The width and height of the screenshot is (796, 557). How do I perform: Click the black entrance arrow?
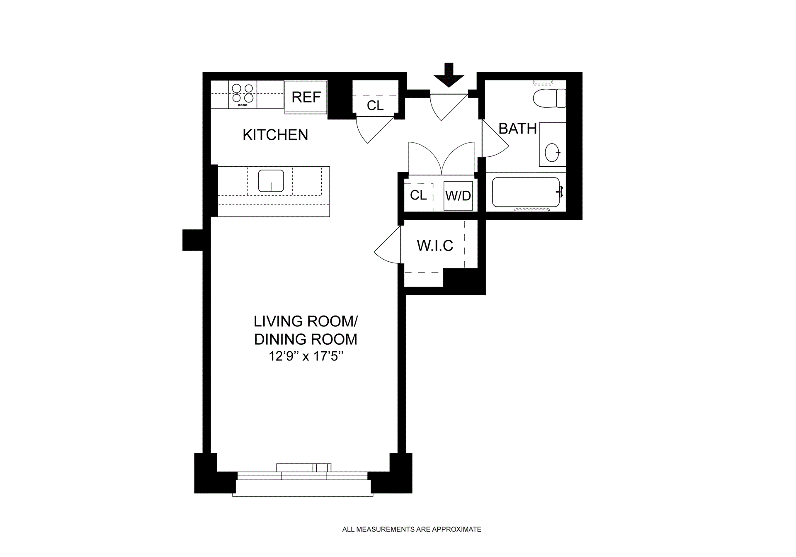click(449, 75)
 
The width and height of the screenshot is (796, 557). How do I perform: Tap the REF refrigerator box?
click(306, 97)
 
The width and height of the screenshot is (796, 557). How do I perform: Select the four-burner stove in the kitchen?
click(243, 95)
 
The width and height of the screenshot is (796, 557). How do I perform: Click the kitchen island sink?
click(271, 181)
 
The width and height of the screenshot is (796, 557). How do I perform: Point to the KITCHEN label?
click(275, 135)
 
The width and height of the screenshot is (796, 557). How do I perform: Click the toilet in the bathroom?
click(549, 98)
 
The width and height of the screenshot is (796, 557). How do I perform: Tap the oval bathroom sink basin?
click(552, 153)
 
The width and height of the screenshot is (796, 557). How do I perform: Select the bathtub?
click(526, 192)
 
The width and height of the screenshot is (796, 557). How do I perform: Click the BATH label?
click(517, 129)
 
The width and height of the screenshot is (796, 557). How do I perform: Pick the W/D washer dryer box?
click(458, 196)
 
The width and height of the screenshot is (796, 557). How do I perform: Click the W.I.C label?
click(435, 246)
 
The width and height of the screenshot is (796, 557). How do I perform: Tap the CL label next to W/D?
click(418, 195)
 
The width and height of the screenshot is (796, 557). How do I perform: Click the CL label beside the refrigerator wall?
click(375, 106)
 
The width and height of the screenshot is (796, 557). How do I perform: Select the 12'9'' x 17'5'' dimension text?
click(306, 356)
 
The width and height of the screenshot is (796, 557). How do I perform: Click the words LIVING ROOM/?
click(306, 321)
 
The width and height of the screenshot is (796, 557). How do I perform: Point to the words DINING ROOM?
click(306, 339)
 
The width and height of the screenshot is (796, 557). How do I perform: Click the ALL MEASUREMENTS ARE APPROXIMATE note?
click(412, 529)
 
